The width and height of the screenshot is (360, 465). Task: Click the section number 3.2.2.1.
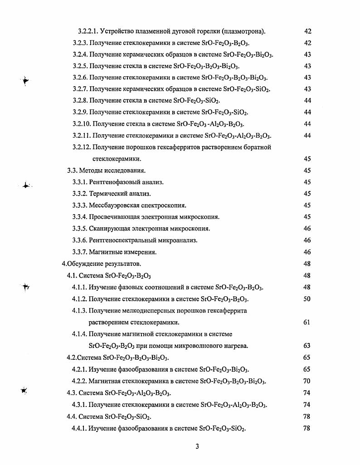(x=88, y=31)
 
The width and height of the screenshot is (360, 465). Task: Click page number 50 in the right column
(x=307, y=299)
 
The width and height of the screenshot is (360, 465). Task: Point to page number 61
(x=307, y=322)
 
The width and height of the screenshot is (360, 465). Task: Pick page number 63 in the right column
(x=307, y=346)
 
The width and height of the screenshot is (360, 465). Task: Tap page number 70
(x=307, y=381)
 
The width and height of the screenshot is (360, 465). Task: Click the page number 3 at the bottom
(x=197, y=446)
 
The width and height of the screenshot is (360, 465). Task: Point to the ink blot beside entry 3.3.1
(x=27, y=185)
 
